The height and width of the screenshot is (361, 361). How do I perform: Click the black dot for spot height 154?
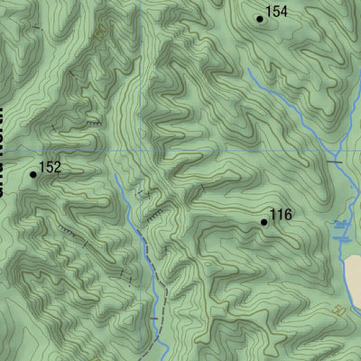tap(260, 18)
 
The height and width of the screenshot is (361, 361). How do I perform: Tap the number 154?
tap(277, 12)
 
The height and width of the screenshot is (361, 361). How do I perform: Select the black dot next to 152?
tap(33, 174)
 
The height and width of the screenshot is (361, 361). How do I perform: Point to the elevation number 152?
tap(51, 167)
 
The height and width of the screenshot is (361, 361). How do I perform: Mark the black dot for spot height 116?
tap(264, 222)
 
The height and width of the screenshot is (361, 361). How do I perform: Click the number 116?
tap(282, 215)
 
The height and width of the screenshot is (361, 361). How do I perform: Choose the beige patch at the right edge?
tap(351, 275)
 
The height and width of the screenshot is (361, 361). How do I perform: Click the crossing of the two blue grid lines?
tap(142, 149)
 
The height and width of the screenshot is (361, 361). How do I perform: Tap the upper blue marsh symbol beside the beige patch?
tap(341, 223)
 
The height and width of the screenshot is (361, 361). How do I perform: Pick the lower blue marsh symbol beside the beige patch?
tap(340, 237)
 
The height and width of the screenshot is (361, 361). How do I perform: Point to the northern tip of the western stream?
tap(116, 176)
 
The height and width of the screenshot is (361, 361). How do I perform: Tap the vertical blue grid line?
tap(142, 72)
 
